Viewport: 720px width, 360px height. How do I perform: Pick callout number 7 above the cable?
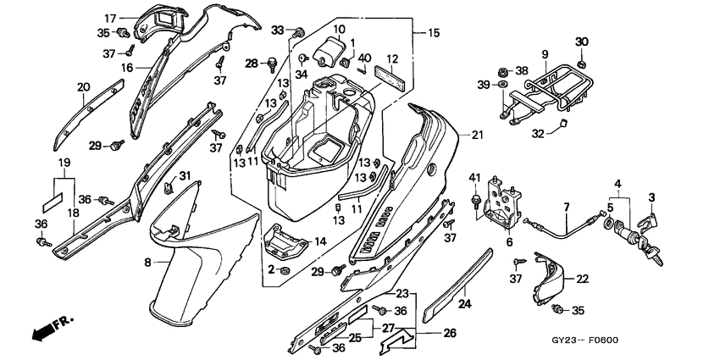[566, 207]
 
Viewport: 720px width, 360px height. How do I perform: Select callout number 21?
[477, 135]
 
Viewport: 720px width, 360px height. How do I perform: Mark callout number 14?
[319, 241]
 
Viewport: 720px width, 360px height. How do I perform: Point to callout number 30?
[581, 42]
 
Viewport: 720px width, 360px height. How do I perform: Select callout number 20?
[83, 86]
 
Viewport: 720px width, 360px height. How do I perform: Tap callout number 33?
[278, 30]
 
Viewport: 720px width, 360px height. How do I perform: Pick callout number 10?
[338, 30]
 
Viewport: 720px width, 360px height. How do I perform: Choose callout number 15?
[434, 33]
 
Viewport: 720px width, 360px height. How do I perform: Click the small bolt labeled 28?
[273, 62]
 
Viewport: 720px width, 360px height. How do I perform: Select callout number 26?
[450, 333]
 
